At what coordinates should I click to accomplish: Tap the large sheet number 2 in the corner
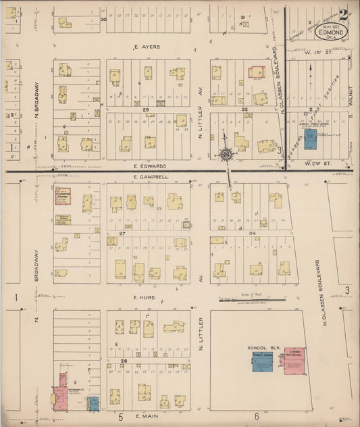pos(344,14)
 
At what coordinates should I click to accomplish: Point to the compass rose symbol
pos(225,155)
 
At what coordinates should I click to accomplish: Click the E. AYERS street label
pos(147,47)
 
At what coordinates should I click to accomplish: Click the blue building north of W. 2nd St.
pos(310,139)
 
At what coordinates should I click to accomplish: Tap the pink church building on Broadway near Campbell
pos(62,195)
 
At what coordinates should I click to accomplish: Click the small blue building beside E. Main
pos(94,403)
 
